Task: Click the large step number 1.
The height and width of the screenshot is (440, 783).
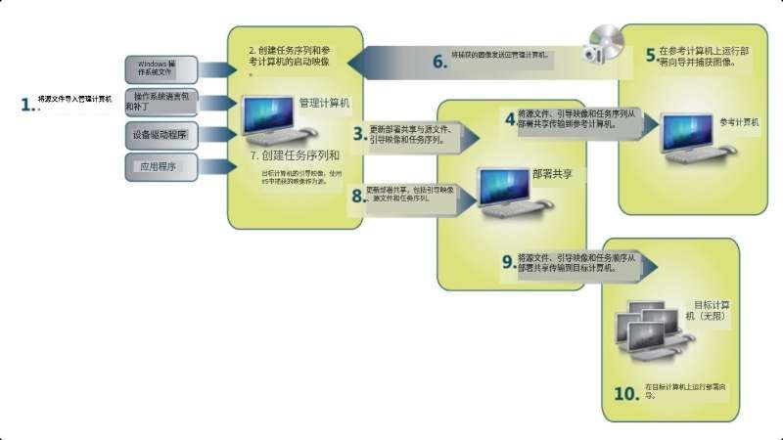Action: [26, 103]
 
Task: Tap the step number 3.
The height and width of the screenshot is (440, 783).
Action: [359, 133]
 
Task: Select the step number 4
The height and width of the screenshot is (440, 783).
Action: [509, 118]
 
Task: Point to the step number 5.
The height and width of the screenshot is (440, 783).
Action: [650, 56]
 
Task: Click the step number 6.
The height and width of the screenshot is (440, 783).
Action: [439, 61]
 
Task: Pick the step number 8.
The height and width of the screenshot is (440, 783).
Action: [357, 196]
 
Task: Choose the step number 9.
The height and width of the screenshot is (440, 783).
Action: [507, 261]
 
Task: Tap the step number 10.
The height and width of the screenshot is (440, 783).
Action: [625, 393]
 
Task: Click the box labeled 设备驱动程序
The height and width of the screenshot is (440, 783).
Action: [161, 134]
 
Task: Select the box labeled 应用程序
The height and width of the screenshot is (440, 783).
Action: [161, 167]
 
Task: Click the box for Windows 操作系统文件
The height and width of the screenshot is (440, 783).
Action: [161, 67]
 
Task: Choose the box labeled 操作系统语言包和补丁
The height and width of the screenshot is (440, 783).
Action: [161, 101]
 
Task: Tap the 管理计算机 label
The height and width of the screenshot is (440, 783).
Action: [323, 102]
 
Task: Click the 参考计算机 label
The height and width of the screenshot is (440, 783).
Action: [740, 122]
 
